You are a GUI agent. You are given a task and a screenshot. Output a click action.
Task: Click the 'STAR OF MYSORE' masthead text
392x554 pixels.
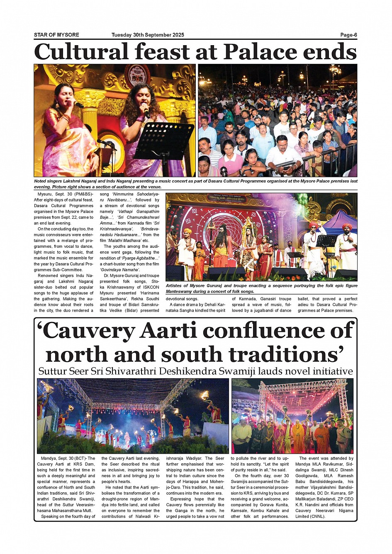click(x=56, y=35)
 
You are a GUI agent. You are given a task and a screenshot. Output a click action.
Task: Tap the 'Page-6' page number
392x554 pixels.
click(x=348, y=35)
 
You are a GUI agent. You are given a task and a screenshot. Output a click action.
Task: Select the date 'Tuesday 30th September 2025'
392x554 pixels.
click(x=148, y=35)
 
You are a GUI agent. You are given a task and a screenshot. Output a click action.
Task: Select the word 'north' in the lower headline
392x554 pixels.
click(x=76, y=355)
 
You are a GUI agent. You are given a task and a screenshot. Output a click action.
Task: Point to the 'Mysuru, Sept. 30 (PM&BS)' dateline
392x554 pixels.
click(x=65, y=194)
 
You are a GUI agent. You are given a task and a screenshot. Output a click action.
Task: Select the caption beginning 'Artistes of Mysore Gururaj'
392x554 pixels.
click(x=261, y=288)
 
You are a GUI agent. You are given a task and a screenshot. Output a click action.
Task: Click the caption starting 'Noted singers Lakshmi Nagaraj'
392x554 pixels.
click(x=195, y=184)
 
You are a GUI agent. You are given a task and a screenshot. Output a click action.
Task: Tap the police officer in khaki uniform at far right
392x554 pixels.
click(x=343, y=435)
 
